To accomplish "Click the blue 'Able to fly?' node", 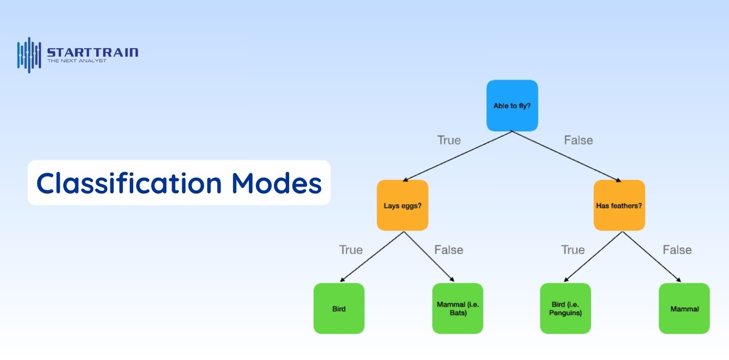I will (512, 105).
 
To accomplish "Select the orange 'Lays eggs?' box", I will (402, 205).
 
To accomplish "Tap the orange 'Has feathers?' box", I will (619, 205).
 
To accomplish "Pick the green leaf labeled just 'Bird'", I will (339, 309).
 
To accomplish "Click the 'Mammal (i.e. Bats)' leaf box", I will (457, 309).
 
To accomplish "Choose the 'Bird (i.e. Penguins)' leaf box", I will (565, 309).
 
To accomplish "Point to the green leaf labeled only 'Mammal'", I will (684, 309).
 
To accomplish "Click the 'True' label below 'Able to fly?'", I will (449, 140).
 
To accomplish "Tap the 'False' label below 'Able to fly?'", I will (578, 140).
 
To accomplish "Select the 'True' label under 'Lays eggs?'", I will (350, 250).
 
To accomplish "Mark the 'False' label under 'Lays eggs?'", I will (449, 250).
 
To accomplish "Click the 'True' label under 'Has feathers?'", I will (573, 250).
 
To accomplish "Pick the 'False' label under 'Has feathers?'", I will (677, 250).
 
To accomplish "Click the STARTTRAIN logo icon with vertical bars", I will (29, 55).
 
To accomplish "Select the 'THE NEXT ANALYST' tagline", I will (76, 61).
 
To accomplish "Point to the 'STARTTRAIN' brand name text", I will (92, 52).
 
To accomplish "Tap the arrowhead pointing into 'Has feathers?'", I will (618, 180).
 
